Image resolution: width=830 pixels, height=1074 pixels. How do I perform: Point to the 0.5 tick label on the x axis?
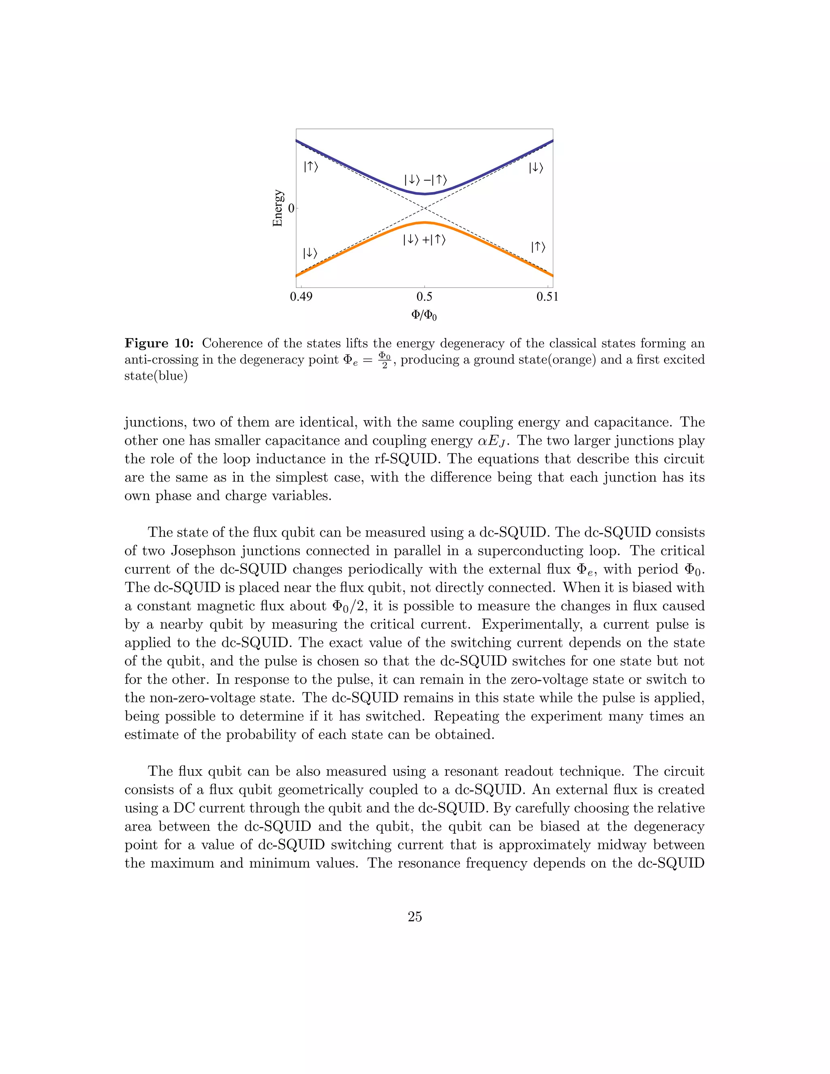pyautogui.click(x=424, y=297)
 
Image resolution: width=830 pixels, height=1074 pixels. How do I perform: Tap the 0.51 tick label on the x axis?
pyautogui.click(x=547, y=297)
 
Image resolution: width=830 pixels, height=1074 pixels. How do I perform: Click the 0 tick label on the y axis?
pyautogui.click(x=291, y=208)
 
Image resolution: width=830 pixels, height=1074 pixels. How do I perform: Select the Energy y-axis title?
pyautogui.click(x=278, y=208)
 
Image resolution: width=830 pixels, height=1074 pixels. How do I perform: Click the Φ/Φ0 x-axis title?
pyautogui.click(x=424, y=315)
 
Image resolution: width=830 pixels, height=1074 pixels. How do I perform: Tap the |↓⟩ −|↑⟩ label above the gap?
pyautogui.click(x=425, y=180)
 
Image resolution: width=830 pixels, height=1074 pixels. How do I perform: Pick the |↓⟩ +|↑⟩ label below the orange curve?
pyautogui.click(x=424, y=240)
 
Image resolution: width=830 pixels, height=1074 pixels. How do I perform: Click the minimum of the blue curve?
pyautogui.click(x=425, y=194)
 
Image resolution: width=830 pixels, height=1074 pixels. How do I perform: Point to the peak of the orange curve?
pyautogui.click(x=424, y=222)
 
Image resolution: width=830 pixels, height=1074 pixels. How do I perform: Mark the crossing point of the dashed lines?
pyautogui.click(x=424, y=208)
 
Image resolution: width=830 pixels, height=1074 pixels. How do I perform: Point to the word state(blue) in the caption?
pyautogui.click(x=156, y=377)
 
